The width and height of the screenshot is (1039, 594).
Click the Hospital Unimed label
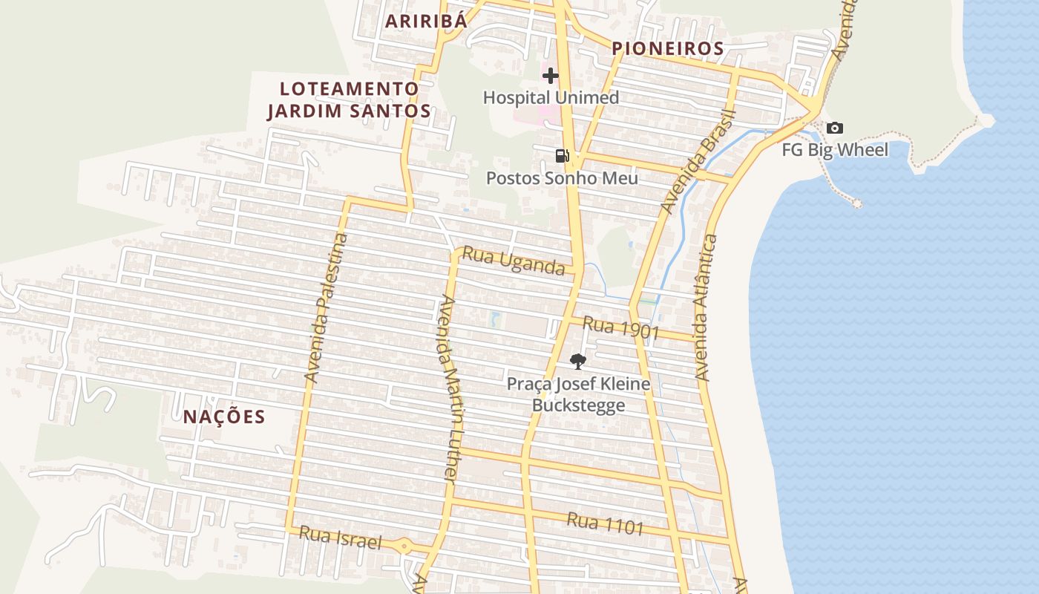(x=551, y=97)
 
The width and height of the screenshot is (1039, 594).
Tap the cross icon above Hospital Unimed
(x=550, y=75)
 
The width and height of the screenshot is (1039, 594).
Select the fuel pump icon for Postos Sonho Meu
(x=562, y=155)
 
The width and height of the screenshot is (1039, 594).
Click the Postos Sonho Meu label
(x=562, y=178)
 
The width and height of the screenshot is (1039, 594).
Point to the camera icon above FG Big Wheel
(x=835, y=128)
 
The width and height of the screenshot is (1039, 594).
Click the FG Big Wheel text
(x=835, y=150)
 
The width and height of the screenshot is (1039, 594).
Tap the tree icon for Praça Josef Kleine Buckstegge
(x=577, y=362)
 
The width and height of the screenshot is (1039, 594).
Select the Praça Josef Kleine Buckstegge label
(x=578, y=394)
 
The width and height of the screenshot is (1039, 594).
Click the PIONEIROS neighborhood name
(x=667, y=49)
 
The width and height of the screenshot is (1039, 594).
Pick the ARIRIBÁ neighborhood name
(x=426, y=21)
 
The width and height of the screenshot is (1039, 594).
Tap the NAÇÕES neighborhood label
(x=224, y=417)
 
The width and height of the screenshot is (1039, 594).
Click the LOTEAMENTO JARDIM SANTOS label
(x=349, y=100)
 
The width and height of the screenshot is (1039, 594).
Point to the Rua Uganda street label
(x=514, y=261)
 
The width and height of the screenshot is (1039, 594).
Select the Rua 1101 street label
(x=605, y=523)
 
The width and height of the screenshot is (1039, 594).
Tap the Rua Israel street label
(x=340, y=538)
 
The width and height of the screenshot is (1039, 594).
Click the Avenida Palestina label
(x=326, y=308)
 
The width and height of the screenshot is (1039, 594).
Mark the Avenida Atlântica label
(x=706, y=307)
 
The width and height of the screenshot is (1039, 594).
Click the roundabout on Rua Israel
(x=404, y=546)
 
